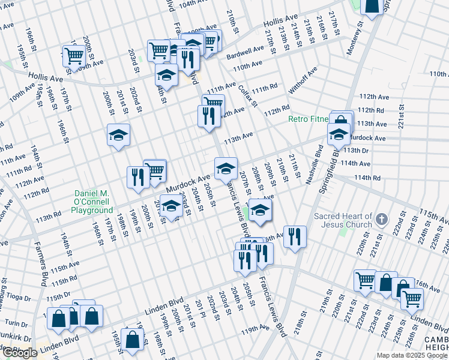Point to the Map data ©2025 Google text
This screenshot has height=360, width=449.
[412, 355]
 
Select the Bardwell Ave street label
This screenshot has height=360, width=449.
[245, 53]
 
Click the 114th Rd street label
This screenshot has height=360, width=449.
[367, 178]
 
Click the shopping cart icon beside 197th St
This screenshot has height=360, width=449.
[74, 56]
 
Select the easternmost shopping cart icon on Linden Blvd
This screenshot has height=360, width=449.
[412, 298]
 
